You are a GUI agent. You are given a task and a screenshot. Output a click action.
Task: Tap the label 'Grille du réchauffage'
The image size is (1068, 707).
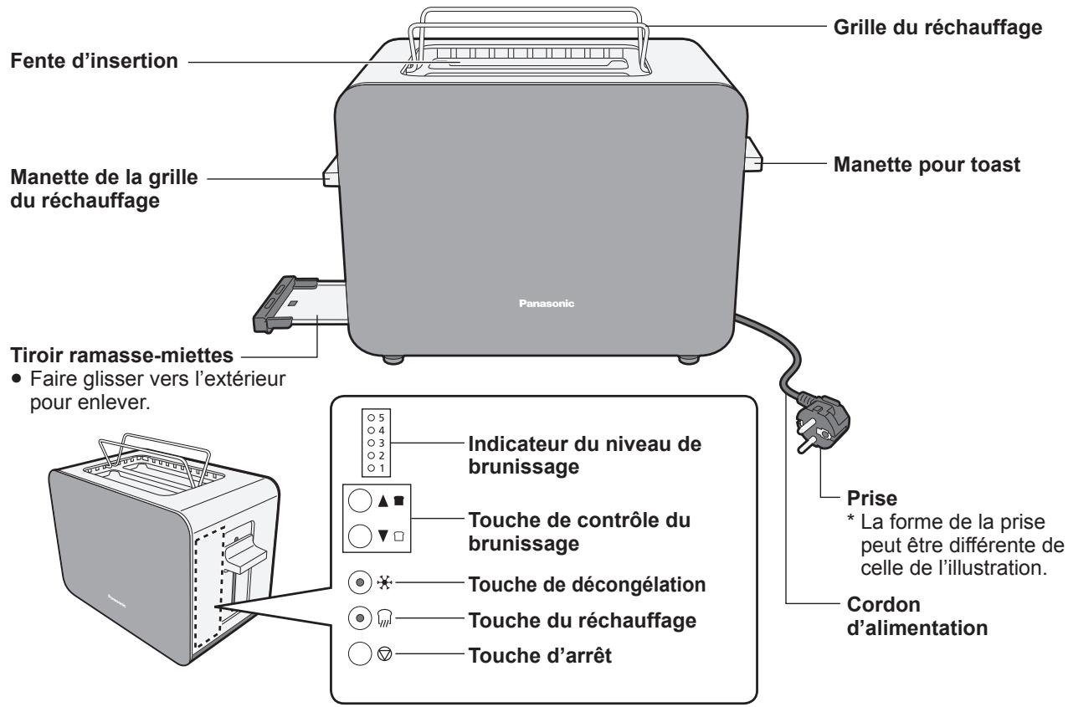pos(938,27)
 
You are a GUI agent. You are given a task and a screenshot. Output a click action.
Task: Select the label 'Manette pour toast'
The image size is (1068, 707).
pos(927,165)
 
